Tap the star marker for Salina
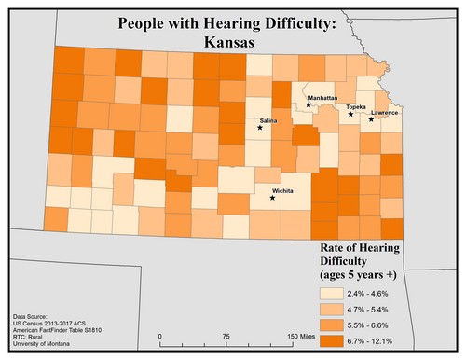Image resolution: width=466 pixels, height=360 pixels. [260, 128]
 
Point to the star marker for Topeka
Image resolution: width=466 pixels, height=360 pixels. [350, 115]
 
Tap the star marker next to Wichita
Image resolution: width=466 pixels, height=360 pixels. [272, 198]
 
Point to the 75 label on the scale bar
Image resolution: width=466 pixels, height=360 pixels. [226, 336]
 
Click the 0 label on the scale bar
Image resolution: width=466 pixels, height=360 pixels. [161, 336]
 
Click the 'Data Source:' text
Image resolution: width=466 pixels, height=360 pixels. [34, 317]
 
